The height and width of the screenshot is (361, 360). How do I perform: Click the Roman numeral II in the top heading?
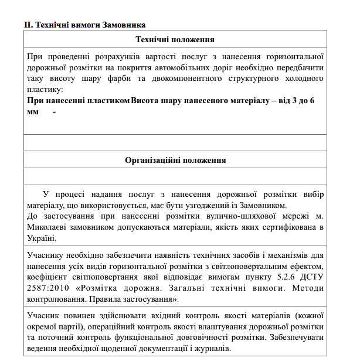28,25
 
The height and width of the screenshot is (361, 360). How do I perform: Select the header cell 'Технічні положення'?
174,40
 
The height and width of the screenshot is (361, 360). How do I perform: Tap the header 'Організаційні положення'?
175,160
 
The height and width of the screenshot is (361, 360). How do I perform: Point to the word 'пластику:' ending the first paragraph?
45,90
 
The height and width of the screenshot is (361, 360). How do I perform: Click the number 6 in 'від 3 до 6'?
312,101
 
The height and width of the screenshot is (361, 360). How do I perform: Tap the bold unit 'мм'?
32,112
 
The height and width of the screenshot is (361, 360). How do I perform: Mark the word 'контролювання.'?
56,299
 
